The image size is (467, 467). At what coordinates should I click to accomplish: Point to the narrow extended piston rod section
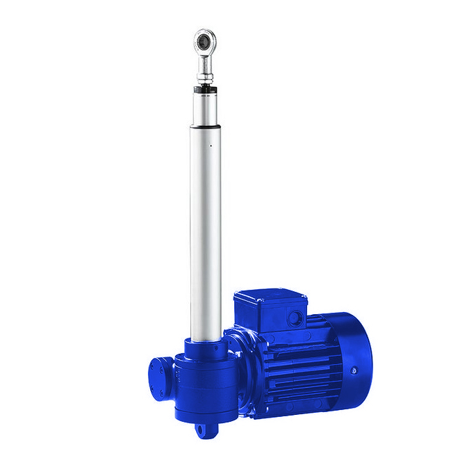[x=206, y=108]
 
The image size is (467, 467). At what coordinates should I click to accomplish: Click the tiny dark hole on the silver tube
[x=211, y=147]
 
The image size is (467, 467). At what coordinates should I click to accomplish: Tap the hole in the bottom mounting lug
[x=204, y=430]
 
